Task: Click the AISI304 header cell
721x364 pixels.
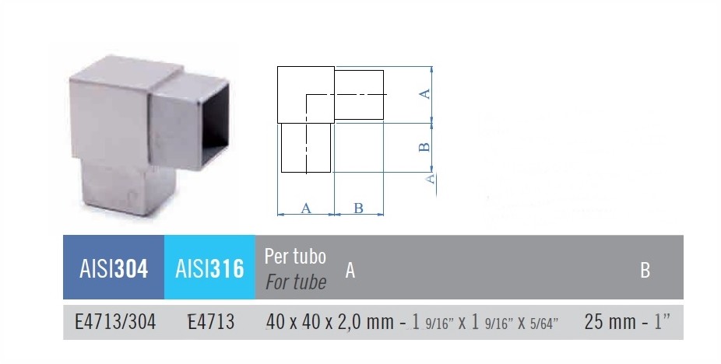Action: [x=114, y=268]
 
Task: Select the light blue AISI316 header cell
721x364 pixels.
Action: [x=209, y=268]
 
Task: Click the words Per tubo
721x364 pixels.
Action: [x=295, y=257]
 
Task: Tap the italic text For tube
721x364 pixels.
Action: [x=296, y=282]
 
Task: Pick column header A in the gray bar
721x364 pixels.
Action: [x=350, y=271]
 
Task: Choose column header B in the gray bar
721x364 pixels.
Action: [x=645, y=271]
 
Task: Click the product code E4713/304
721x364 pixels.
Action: [x=115, y=322]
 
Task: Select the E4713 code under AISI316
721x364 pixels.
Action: [x=211, y=322]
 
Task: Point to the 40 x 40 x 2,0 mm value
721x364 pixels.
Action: [x=329, y=322]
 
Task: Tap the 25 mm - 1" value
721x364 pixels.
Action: [x=628, y=322]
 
